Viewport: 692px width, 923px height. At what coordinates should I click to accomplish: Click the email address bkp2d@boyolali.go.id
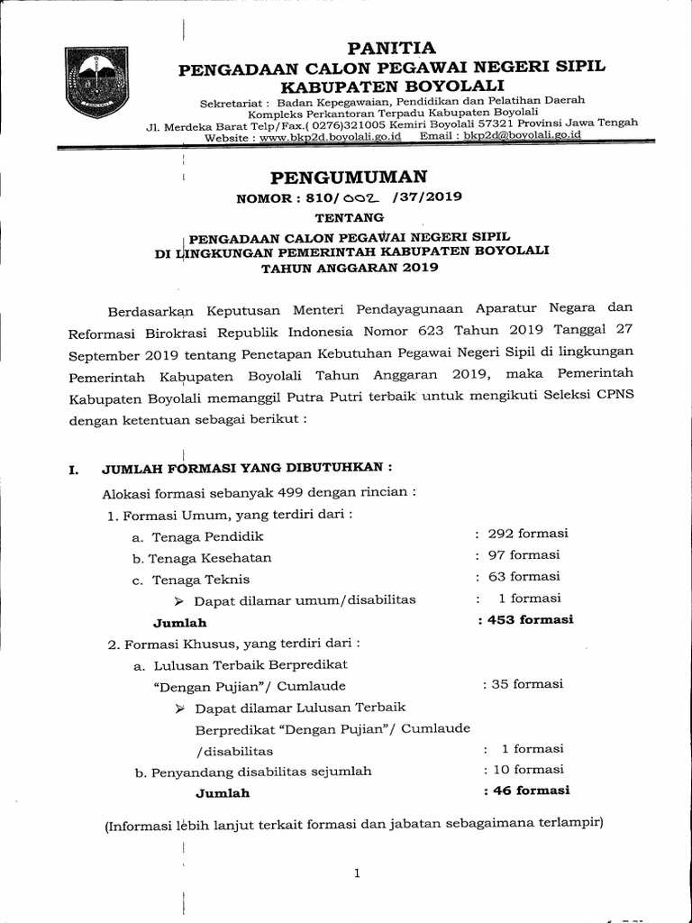pyautogui.click(x=520, y=135)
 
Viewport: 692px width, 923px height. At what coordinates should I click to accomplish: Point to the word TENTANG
pyautogui.click(x=349, y=217)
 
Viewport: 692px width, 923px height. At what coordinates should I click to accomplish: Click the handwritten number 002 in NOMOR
pyautogui.click(x=357, y=197)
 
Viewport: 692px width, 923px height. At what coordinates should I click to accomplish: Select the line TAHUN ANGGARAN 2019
pyautogui.click(x=350, y=267)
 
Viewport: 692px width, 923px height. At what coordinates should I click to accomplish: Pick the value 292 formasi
pyautogui.click(x=527, y=534)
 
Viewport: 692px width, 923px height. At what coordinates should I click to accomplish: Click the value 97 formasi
pyautogui.click(x=524, y=554)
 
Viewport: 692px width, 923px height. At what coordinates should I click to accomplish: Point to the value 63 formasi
pyautogui.click(x=524, y=576)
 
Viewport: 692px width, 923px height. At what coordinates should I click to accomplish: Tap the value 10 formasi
pyautogui.click(x=524, y=769)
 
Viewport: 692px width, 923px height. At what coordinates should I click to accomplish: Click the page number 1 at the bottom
pyautogui.click(x=358, y=873)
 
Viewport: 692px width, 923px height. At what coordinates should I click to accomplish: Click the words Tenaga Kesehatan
pyautogui.click(x=211, y=558)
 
